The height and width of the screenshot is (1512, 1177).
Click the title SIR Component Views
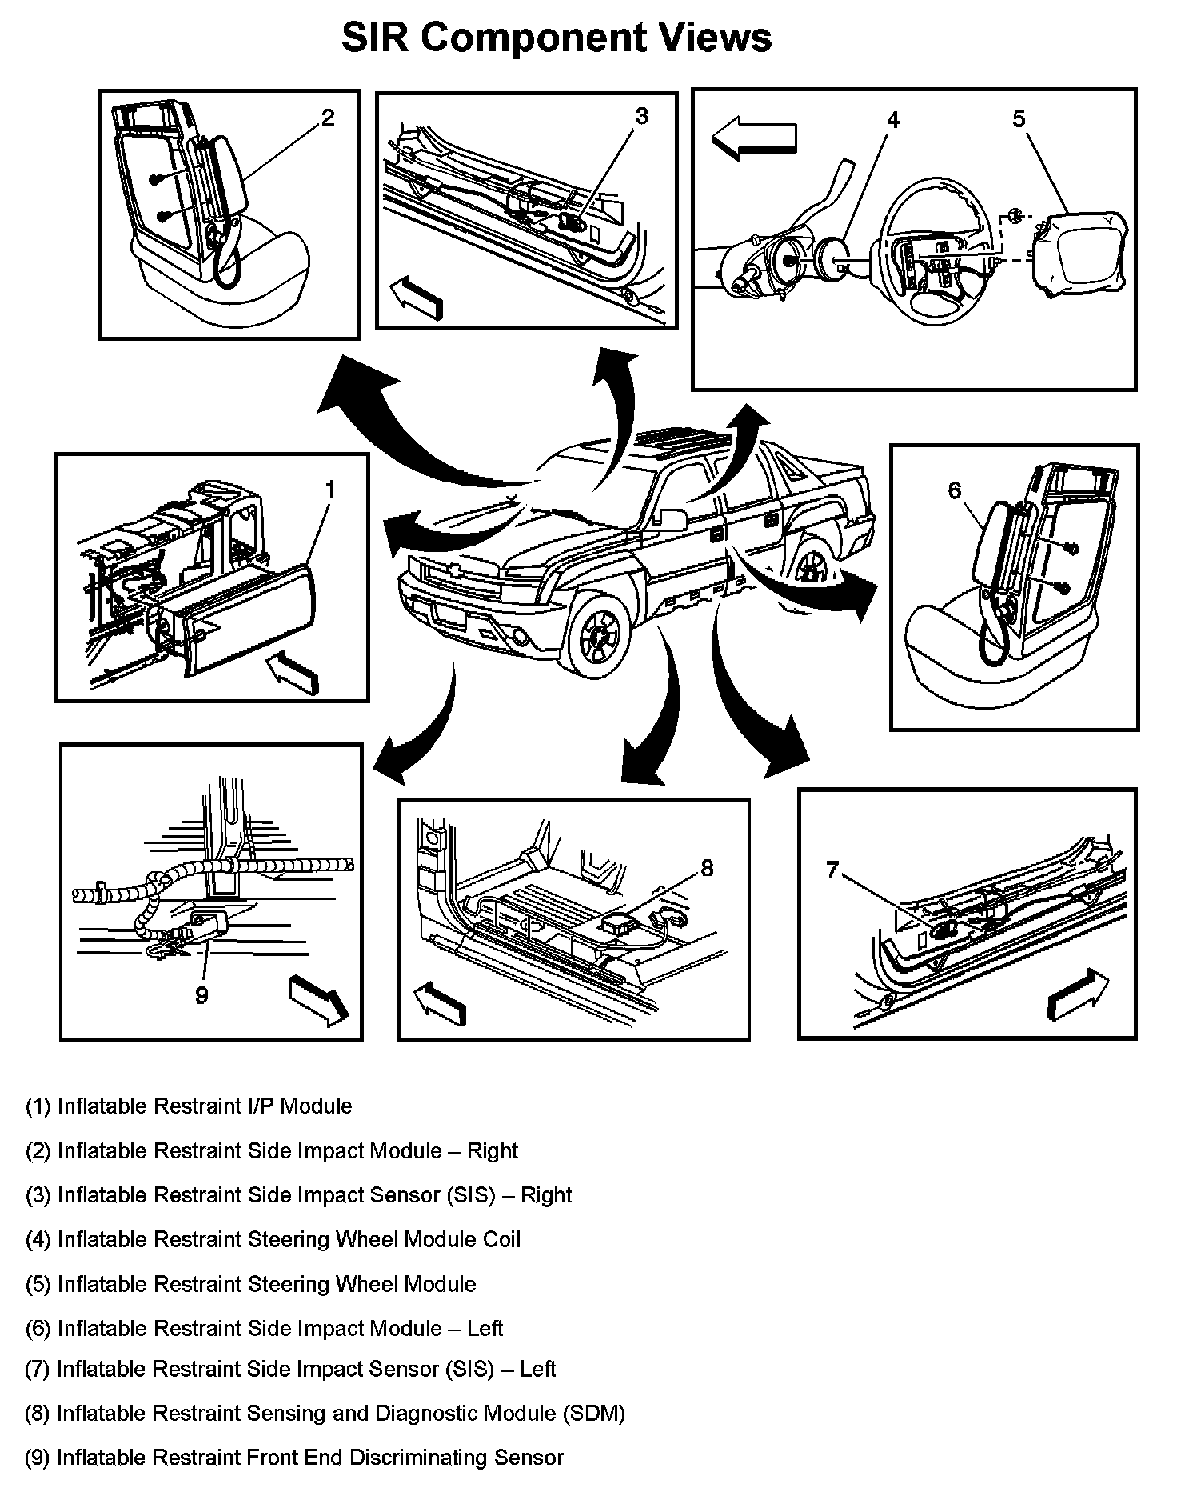[x=557, y=38]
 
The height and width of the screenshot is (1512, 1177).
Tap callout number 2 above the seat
[x=328, y=118]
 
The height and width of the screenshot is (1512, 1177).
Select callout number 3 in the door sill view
[x=642, y=116]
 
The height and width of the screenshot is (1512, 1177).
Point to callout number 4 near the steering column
[x=893, y=120]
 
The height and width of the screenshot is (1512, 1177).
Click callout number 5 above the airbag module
[x=1019, y=119]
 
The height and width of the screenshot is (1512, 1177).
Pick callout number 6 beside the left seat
[x=954, y=490]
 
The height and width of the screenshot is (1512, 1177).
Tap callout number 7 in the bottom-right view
[x=832, y=870]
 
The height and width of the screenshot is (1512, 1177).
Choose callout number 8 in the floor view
[x=707, y=867]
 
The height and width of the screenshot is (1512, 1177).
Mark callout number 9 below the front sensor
[x=201, y=994]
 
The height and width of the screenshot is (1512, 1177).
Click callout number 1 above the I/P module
[x=329, y=490]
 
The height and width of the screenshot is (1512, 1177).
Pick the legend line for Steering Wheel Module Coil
[x=273, y=1239]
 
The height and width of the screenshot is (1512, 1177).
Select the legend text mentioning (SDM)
[x=325, y=1413]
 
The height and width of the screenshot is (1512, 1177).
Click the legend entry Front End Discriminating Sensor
[x=294, y=1457]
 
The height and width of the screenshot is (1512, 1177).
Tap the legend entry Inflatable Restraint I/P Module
[x=189, y=1106]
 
